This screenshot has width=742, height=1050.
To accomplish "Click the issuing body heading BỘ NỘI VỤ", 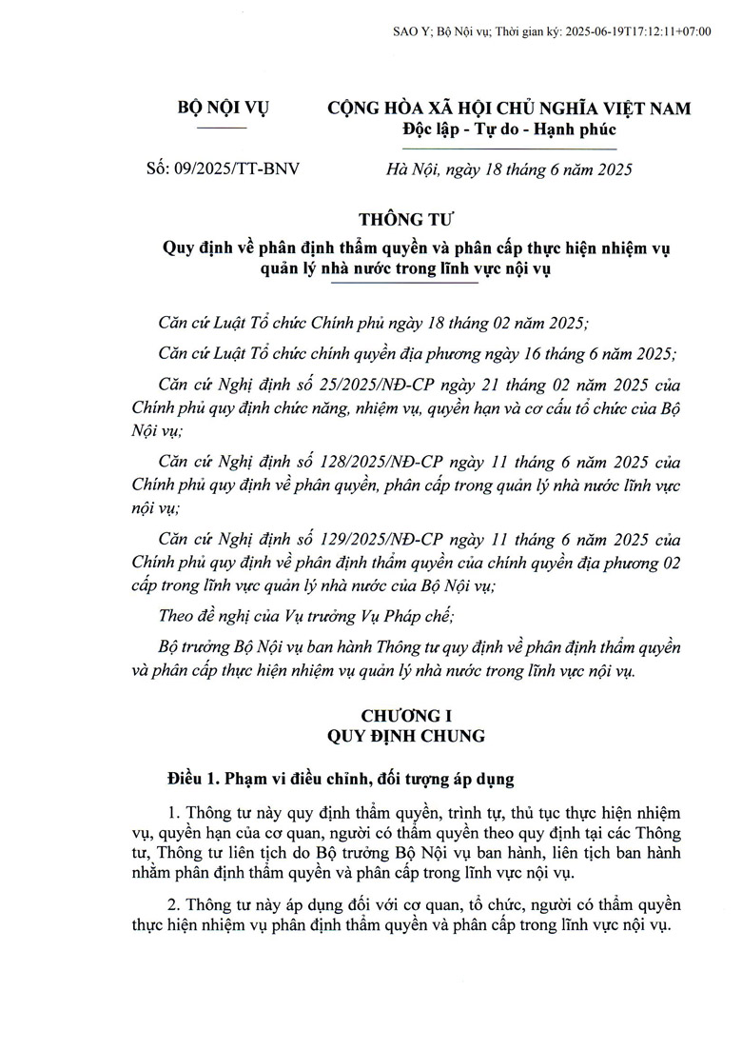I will coord(224,109).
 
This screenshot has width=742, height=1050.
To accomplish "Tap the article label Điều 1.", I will coord(192,779).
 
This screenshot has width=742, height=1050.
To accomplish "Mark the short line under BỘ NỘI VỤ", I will coord(224,127).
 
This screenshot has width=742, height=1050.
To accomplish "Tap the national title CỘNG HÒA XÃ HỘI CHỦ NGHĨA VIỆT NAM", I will coord(509,109).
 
